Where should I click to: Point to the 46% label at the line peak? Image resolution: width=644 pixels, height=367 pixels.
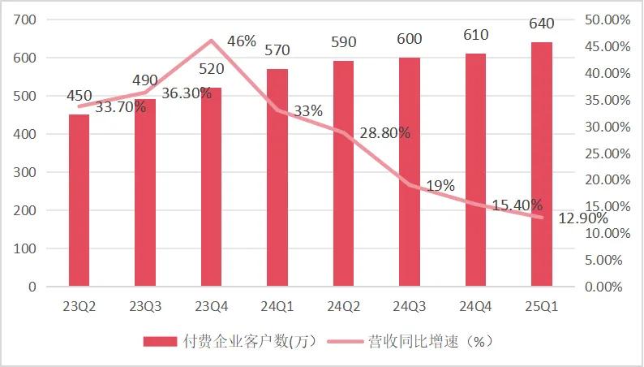click(242, 41)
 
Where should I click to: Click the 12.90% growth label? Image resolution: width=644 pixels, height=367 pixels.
click(581, 218)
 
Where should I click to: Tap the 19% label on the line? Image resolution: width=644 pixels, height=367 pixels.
click(440, 185)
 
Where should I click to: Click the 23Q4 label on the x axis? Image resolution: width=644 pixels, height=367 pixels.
click(211, 306)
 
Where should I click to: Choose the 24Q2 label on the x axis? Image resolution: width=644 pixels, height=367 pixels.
click(343, 306)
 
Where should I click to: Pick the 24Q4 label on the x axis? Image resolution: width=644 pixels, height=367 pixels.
click(475, 306)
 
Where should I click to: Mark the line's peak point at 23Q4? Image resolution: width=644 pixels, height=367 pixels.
click(211, 41)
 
